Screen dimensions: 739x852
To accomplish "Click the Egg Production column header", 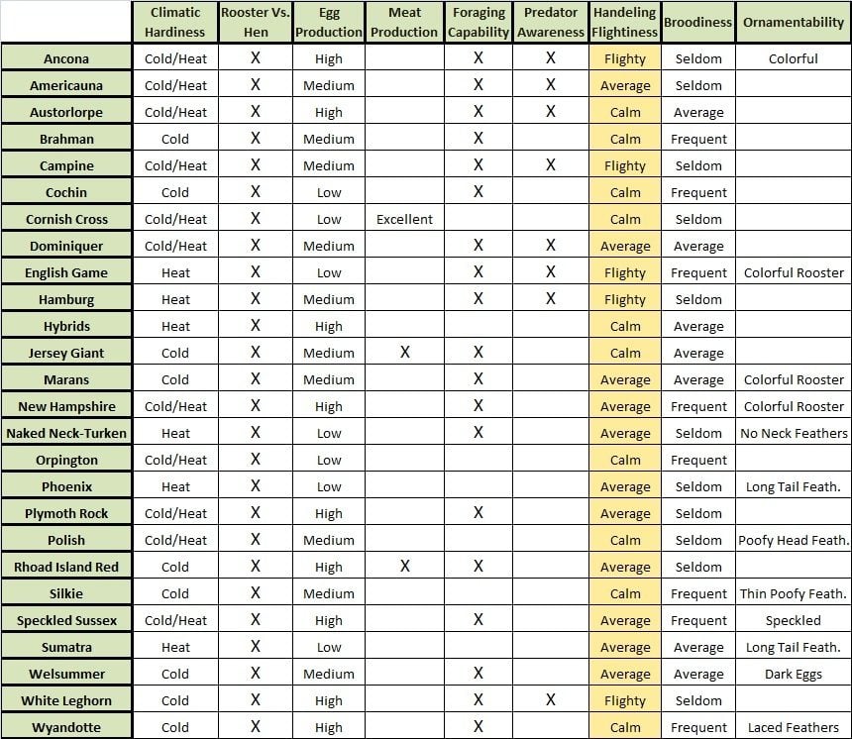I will (x=329, y=22).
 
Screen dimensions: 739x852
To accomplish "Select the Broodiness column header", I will (x=698, y=22).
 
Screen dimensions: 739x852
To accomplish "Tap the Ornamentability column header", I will (x=794, y=22).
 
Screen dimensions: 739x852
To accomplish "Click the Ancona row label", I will (x=66, y=58).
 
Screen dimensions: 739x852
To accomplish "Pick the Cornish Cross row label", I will (x=66, y=219).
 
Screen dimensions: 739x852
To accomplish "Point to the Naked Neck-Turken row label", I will (x=66, y=433).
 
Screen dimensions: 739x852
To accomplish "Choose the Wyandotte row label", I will (x=66, y=727).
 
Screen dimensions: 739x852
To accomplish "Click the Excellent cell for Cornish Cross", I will (x=404, y=219).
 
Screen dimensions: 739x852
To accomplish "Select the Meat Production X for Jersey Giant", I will (x=404, y=353).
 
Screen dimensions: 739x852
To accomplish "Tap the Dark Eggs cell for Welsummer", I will (x=794, y=674).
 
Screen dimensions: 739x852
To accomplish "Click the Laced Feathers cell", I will (x=794, y=727).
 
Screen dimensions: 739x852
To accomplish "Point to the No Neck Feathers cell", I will (x=794, y=433).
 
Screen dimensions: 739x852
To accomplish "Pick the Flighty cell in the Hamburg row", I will (x=625, y=299).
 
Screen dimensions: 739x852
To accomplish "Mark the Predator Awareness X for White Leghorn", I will (x=551, y=700).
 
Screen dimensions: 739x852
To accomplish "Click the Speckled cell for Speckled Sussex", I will (x=794, y=620).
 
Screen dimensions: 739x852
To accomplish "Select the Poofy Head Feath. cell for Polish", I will (x=794, y=540).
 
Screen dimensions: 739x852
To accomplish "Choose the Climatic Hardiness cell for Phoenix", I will (x=175, y=486).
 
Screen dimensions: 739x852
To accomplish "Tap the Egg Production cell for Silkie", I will (x=329, y=593).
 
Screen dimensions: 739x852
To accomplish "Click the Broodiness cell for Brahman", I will (x=698, y=139).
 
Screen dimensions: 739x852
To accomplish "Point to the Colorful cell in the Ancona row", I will (x=794, y=58).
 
